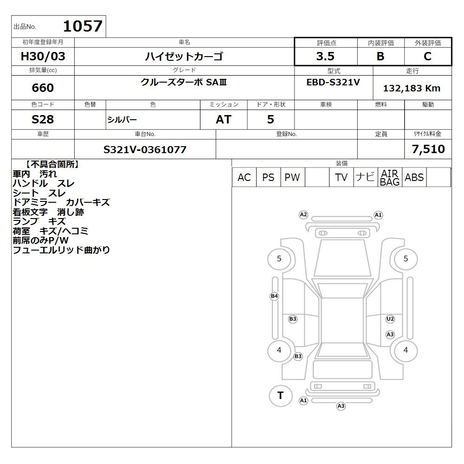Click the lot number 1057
click(x=83, y=26)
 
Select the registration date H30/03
click(x=43, y=56)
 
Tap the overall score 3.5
click(x=325, y=56)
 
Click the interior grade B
click(x=380, y=56)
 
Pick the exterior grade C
click(x=427, y=56)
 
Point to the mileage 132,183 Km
click(x=412, y=88)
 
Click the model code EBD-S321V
click(x=333, y=82)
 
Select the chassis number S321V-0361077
click(x=145, y=149)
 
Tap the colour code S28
click(x=43, y=119)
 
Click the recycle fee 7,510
click(x=428, y=149)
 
